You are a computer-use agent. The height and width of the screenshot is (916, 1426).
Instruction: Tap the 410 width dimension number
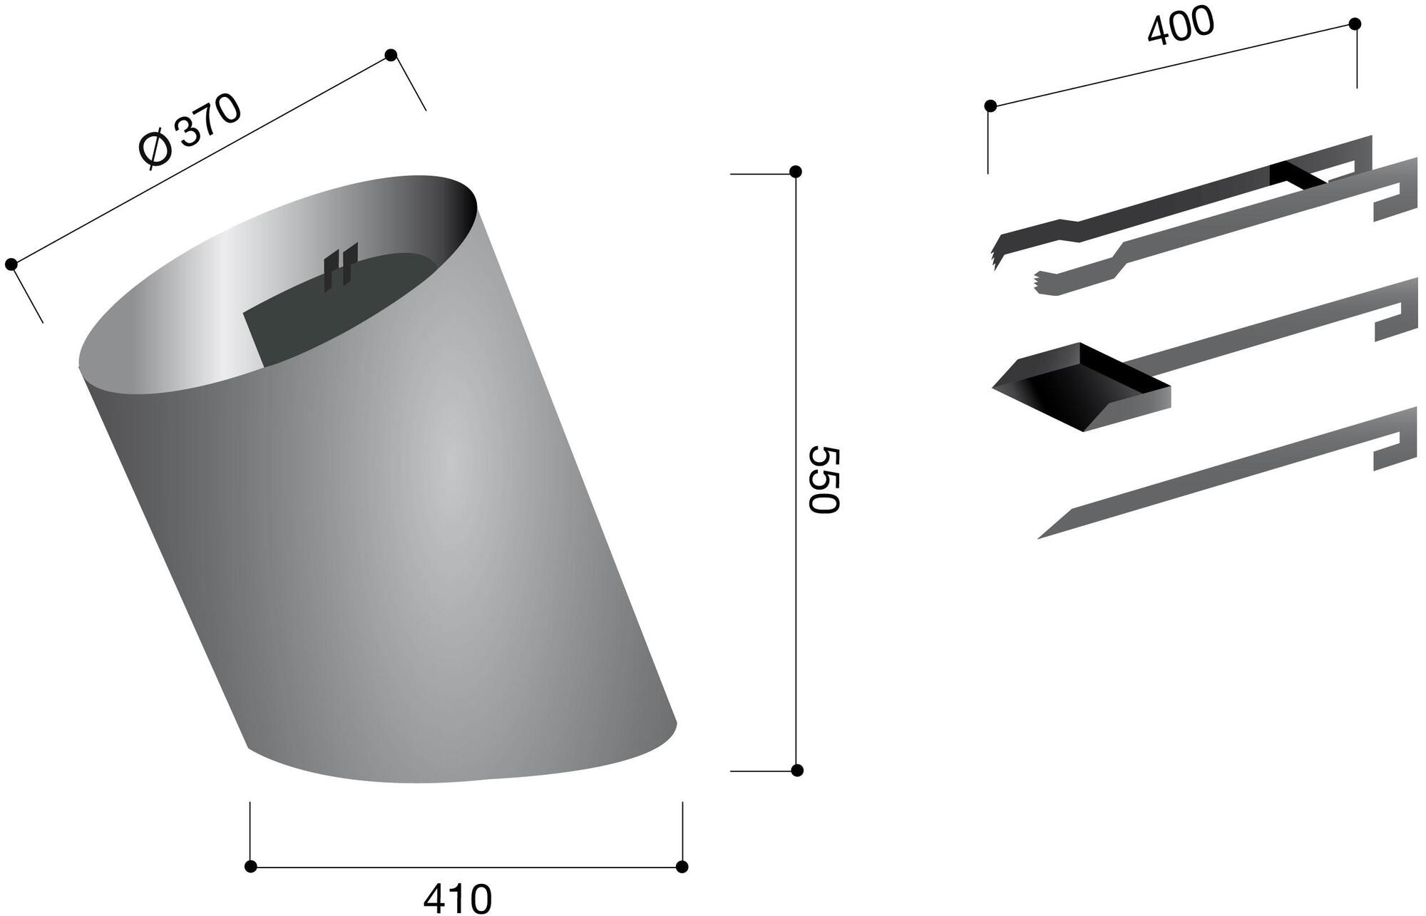click(x=458, y=899)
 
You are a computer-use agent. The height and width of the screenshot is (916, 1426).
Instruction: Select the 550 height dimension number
click(x=824, y=479)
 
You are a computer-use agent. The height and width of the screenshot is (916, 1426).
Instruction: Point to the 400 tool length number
click(x=1180, y=26)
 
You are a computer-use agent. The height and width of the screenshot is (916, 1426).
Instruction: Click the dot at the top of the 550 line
click(x=796, y=172)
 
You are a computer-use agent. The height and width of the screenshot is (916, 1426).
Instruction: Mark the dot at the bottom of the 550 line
click(x=798, y=770)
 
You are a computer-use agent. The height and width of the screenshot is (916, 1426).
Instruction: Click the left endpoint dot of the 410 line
click(x=250, y=866)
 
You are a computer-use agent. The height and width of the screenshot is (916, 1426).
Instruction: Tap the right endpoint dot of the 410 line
click(x=682, y=866)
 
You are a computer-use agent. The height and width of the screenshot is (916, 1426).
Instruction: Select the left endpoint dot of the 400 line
click(x=990, y=106)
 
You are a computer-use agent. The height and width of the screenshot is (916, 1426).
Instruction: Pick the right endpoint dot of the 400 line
click(x=1355, y=24)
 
